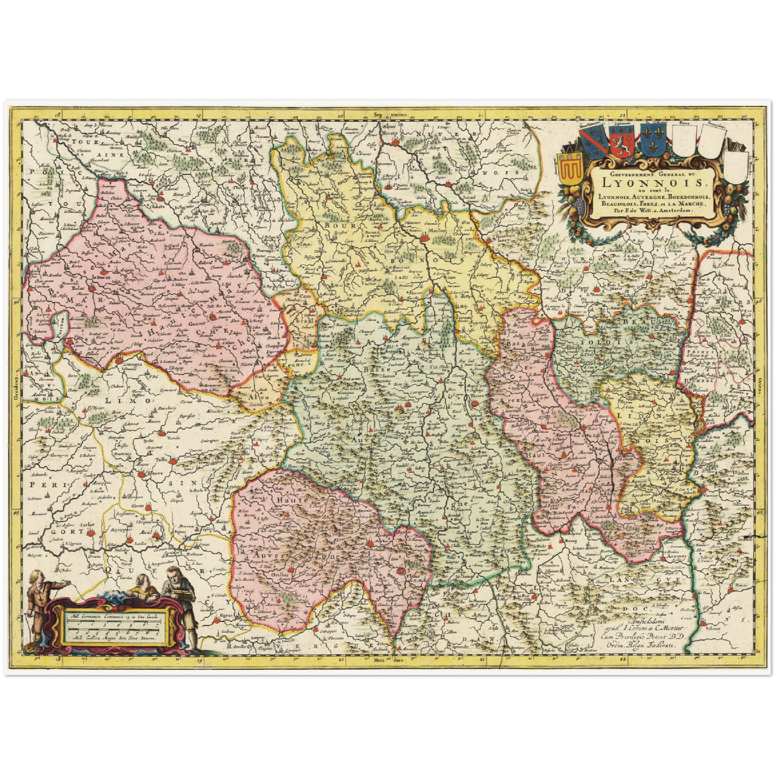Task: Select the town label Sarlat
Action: (x=89, y=524)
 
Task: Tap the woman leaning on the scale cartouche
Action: (x=143, y=588)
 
